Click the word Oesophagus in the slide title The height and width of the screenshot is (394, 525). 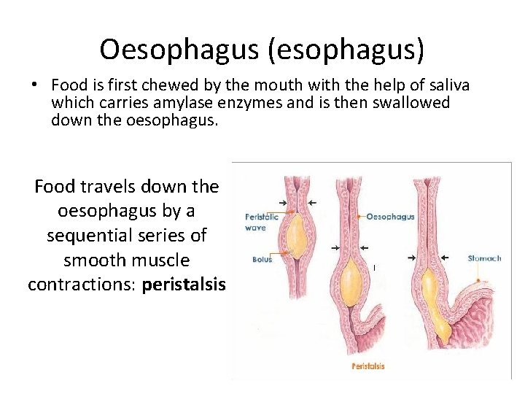pos(171,50)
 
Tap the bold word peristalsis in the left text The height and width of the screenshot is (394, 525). pos(184,284)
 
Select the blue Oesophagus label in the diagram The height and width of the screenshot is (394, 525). pos(390,216)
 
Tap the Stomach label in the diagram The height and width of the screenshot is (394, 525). pos(484,258)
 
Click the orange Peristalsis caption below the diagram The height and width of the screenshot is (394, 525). pos(368,366)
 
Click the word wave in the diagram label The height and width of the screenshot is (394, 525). pos(255,228)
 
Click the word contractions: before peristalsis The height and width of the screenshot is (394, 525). pos(82,284)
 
